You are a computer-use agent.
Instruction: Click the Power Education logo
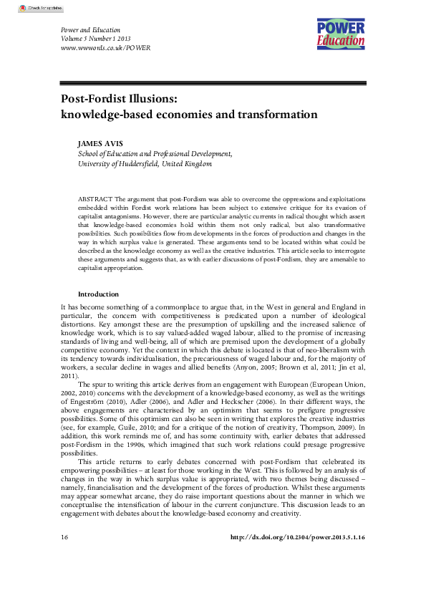click(341, 34)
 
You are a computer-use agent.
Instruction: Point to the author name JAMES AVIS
click(100, 143)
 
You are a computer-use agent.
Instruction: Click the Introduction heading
click(98, 294)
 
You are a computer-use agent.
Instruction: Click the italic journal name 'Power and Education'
click(89, 29)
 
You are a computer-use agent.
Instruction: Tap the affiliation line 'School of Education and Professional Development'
click(155, 153)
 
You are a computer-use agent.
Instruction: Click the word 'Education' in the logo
click(341, 42)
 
